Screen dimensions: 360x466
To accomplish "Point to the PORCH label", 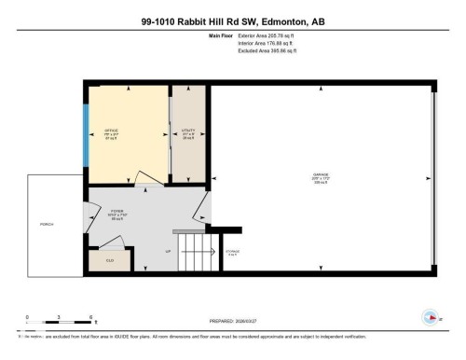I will coord(47,225).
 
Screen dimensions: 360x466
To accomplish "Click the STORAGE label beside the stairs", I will coord(232,252).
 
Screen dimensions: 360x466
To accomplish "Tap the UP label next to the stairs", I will coord(168,252).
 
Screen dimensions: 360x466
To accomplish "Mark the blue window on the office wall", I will coord(87,132).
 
